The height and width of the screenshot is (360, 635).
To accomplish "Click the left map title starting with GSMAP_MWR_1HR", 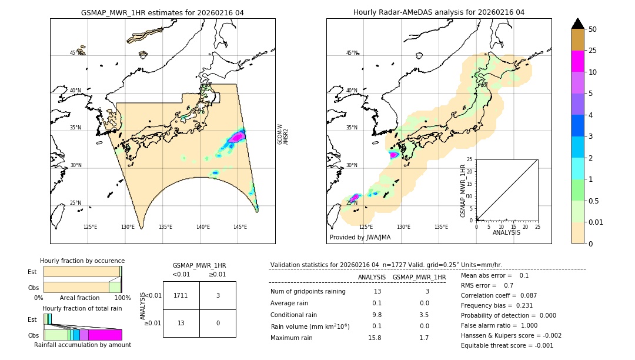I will coord(162,12).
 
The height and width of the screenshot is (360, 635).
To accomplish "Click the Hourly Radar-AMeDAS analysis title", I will coord(439,12).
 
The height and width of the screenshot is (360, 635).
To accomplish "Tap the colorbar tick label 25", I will coord(593,51).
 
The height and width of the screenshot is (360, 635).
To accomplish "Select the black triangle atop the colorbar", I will coord(578,24).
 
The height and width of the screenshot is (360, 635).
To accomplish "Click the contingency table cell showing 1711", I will coord(181,295).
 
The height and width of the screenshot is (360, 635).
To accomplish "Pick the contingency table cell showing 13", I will coord(181,323).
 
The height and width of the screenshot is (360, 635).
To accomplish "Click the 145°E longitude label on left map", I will coord(240,227).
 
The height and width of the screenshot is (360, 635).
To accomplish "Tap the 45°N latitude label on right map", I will coord(352,53).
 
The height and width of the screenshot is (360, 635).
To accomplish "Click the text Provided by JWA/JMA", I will coord(360,238).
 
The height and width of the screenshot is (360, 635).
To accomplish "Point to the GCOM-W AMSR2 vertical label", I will coord(283,134).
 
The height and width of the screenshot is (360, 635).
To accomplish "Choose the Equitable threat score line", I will coord(507,345).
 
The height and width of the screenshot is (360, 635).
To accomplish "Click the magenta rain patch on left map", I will coord(237,136).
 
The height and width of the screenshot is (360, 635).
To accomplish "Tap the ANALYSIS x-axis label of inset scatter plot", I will coord(506,232).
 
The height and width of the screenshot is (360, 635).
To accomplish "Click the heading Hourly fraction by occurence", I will coord(82,261).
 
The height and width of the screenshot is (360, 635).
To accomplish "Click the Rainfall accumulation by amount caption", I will coord(82,345).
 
